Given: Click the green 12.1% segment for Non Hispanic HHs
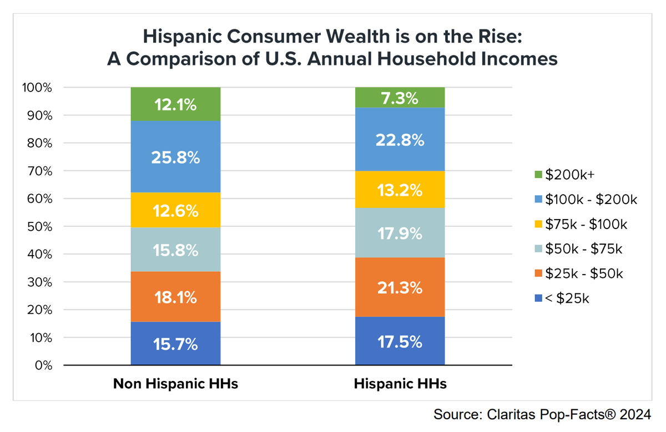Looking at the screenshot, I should (x=175, y=104).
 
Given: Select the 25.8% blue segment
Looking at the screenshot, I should (x=175, y=157).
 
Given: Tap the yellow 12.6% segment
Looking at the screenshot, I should (x=175, y=210).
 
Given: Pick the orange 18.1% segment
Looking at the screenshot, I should (x=175, y=297).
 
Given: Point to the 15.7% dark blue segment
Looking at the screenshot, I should (x=175, y=344).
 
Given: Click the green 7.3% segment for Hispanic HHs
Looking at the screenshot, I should (x=400, y=98).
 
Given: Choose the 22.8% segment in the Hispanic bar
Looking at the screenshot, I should (x=400, y=139).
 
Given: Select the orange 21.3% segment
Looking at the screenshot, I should (x=400, y=287).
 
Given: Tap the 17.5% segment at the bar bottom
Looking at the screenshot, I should (x=400, y=341).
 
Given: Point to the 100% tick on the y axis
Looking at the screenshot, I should (x=37, y=88).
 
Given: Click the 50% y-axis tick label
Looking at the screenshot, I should (x=39, y=227).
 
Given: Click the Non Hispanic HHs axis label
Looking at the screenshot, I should (x=175, y=384).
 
